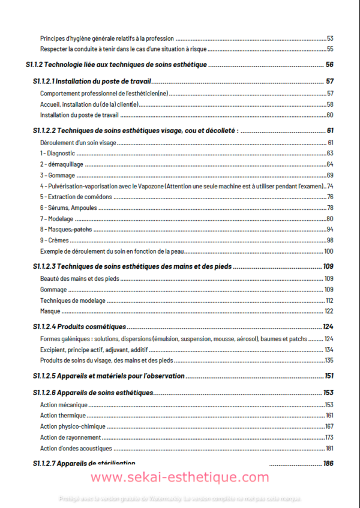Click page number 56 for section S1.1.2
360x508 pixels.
[x=329, y=65]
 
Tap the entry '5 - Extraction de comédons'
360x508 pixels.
[x=74, y=197]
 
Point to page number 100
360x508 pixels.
[x=328, y=251]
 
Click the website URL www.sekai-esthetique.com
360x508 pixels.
[x=180, y=477]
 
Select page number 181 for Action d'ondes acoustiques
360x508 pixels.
[x=329, y=448]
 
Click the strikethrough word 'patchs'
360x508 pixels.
[x=83, y=229]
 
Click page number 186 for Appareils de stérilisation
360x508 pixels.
[x=328, y=463]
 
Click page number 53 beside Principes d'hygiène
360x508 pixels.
[x=329, y=38]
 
